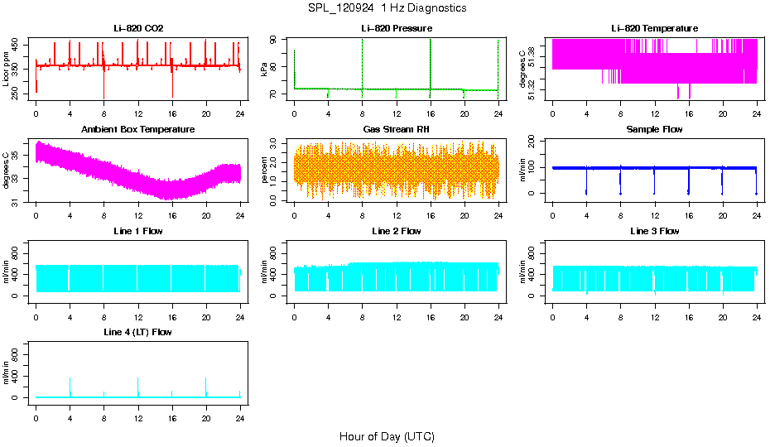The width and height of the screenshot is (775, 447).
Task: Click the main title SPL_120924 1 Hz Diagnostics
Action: (387, 8)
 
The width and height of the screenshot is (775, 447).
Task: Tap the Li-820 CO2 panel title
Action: (138, 29)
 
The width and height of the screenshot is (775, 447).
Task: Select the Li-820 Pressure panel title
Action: (397, 29)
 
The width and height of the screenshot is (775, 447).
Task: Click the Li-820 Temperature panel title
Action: (654, 29)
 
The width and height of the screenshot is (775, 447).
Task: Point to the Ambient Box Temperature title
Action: (138, 130)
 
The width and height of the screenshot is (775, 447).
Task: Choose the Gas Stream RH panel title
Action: (397, 130)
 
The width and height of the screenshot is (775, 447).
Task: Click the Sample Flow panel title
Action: (654, 130)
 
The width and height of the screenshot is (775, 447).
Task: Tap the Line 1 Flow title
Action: (138, 231)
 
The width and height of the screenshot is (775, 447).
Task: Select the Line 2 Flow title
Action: (397, 231)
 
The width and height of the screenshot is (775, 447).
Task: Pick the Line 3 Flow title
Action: (654, 231)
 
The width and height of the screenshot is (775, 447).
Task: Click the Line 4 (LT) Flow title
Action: (138, 332)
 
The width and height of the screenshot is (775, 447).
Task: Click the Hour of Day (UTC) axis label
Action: (387, 436)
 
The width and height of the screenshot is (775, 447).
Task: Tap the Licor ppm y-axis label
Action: (7, 70)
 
